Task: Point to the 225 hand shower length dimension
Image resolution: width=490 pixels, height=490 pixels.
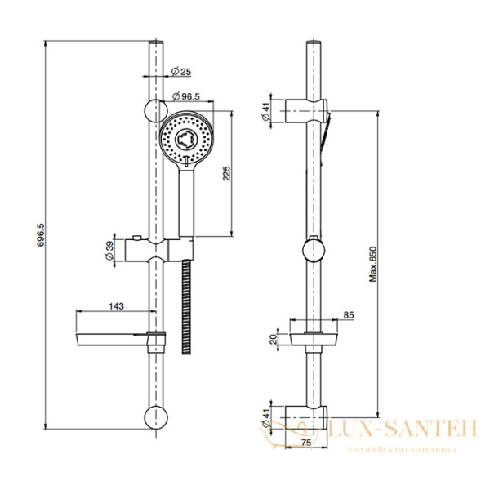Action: click(x=228, y=172)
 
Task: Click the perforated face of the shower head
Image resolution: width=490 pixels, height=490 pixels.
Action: click(x=187, y=140)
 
